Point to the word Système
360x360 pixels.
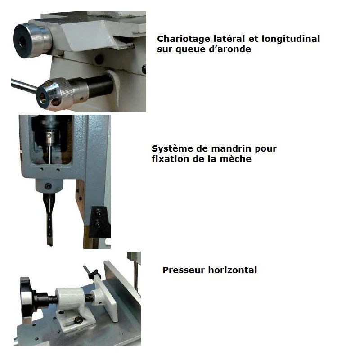click(172, 148)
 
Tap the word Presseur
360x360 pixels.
click(184, 270)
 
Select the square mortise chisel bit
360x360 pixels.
click(49, 219)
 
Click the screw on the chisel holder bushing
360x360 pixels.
click(48, 186)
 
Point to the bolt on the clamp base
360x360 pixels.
click(78, 319)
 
